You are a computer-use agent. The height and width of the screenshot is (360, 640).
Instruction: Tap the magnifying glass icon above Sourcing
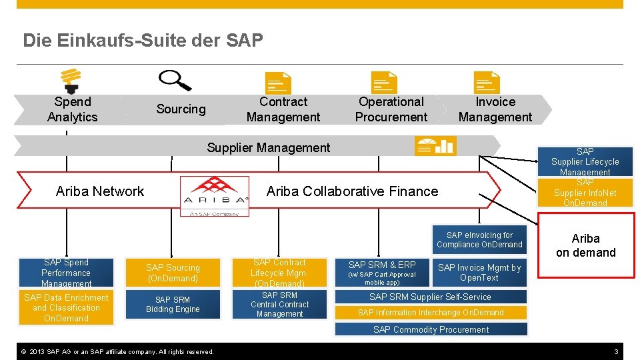[174, 80]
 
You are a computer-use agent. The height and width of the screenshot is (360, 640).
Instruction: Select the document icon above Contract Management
[278, 83]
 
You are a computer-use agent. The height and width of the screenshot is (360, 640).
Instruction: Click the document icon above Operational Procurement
[383, 83]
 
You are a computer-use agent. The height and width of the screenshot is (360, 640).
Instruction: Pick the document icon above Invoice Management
[487, 83]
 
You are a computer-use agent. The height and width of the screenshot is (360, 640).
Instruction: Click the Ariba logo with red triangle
[215, 195]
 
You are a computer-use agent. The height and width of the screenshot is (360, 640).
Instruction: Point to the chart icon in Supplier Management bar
[435, 145]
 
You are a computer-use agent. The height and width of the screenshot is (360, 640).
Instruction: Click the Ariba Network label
[100, 191]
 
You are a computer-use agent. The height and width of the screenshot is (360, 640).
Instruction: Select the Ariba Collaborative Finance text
[352, 191]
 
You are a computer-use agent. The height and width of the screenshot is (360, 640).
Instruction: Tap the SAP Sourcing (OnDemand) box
[173, 273]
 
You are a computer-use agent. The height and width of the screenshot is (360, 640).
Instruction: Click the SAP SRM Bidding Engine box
[173, 305]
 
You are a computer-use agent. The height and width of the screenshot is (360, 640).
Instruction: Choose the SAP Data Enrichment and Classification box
[66, 308]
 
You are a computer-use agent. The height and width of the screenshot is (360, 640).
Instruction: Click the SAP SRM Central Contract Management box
[279, 305]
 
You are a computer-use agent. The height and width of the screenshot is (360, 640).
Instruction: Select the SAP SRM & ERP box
[382, 273]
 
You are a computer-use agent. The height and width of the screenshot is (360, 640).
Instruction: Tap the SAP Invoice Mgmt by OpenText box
[479, 273]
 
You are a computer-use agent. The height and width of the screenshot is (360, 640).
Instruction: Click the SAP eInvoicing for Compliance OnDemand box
[479, 240]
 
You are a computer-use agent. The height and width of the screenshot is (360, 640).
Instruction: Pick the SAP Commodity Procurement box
[431, 329]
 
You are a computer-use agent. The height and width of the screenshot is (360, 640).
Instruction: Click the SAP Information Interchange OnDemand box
[431, 312]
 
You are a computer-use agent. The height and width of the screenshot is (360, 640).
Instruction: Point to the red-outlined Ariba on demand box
[585, 245]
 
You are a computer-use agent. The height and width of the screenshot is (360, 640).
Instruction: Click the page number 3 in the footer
[617, 351]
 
